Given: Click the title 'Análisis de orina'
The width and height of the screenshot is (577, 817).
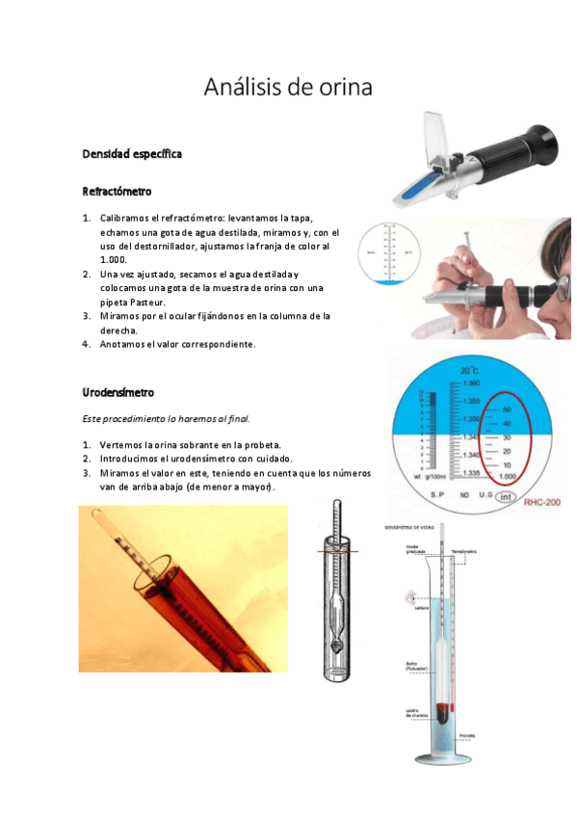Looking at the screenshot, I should [x=288, y=88].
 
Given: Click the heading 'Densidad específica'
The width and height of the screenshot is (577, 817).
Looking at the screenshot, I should [x=132, y=154].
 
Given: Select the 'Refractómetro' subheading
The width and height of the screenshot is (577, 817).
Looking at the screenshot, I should [x=117, y=192].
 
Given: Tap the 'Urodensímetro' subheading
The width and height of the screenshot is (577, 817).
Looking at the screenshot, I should [x=118, y=393].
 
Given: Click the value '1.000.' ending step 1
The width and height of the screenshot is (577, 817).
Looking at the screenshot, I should [x=114, y=260].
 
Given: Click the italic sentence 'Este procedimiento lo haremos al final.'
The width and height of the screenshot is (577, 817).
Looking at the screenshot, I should [x=169, y=419].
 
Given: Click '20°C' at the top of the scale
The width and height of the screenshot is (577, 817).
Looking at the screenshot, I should [x=469, y=371].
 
